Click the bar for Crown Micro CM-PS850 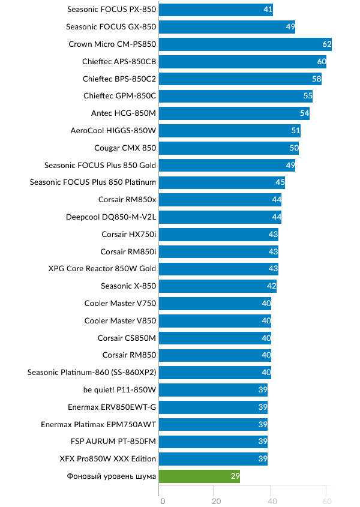point(245,44)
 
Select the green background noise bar point(200,477)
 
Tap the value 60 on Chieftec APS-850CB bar point(322,61)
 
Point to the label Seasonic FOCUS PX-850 point(112,10)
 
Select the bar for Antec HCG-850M point(235,113)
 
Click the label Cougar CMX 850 point(125,148)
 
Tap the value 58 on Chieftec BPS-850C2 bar point(316,79)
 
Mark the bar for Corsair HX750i point(219,235)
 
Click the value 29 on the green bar point(235,477)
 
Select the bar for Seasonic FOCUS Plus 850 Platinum point(222,182)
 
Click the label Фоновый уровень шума point(112,477)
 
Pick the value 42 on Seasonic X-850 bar point(271,286)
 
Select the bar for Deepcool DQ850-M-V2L point(221,217)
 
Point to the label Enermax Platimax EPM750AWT point(98,425)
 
